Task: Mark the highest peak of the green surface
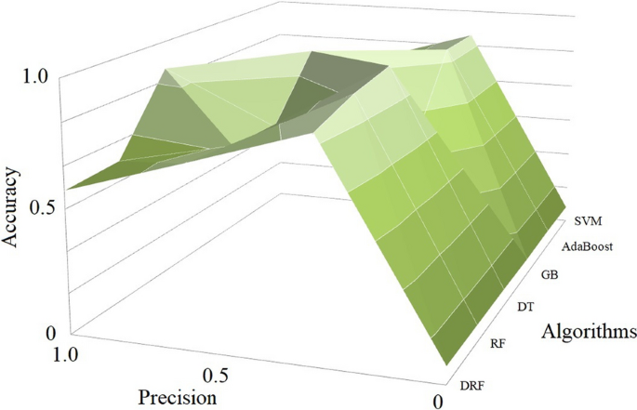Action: (465, 40)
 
